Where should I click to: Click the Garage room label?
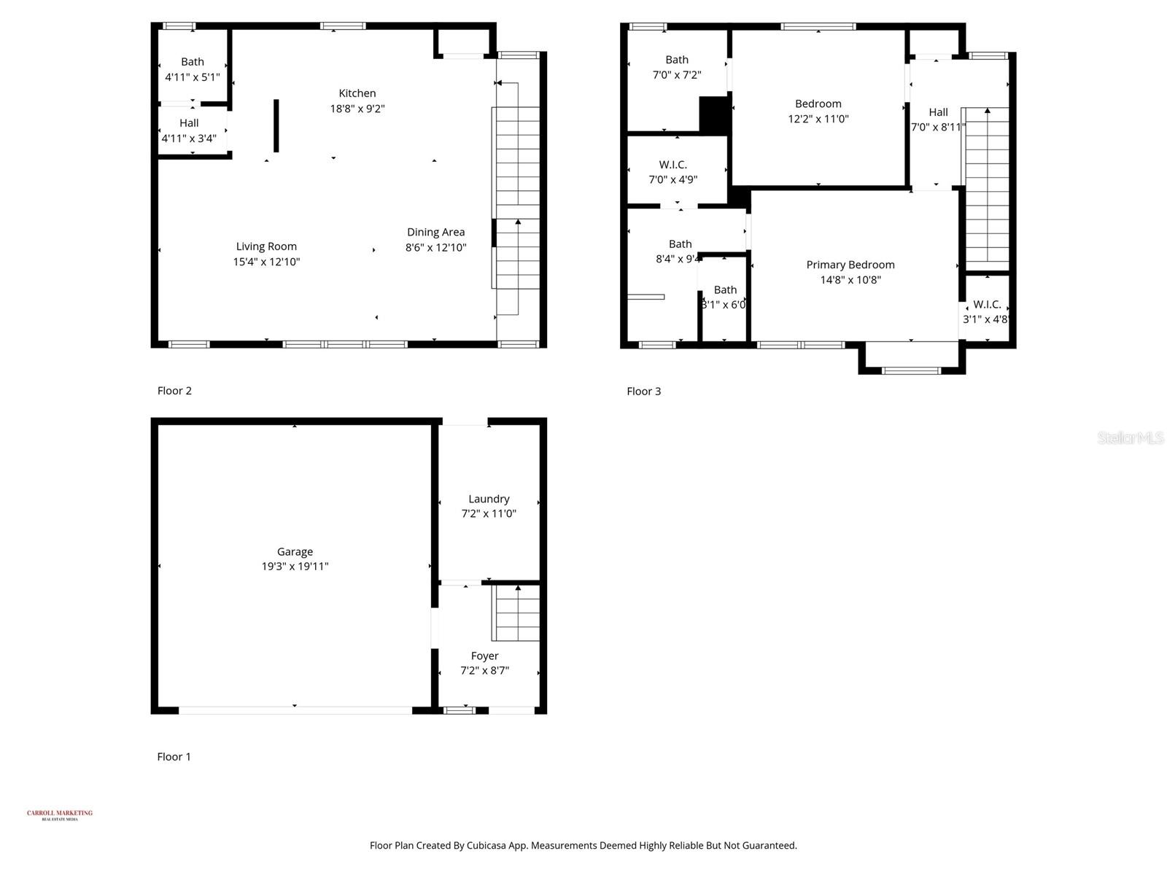pyautogui.click(x=295, y=552)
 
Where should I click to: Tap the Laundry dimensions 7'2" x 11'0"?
pyautogui.click(x=489, y=513)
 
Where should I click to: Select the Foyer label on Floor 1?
pyautogui.click(x=484, y=656)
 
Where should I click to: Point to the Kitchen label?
pyautogui.click(x=357, y=93)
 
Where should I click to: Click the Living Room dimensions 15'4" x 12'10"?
pyautogui.click(x=266, y=262)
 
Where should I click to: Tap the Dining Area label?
pyautogui.click(x=435, y=232)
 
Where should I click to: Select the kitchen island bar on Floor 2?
pyautogui.click(x=276, y=125)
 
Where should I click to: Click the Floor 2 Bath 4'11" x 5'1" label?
pyautogui.click(x=193, y=62)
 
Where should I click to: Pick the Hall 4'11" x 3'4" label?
pyautogui.click(x=189, y=123)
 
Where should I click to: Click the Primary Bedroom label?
pyautogui.click(x=850, y=265)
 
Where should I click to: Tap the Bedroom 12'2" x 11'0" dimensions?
pyautogui.click(x=818, y=119)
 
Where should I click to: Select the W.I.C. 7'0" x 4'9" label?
pyautogui.click(x=673, y=165)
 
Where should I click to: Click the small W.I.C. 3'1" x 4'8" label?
pyautogui.click(x=987, y=305)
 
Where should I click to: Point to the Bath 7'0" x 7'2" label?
pyautogui.click(x=677, y=60)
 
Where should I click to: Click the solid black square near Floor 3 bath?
pyautogui.click(x=714, y=114)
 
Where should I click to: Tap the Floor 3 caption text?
pyautogui.click(x=644, y=392)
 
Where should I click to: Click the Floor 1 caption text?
pyautogui.click(x=174, y=757)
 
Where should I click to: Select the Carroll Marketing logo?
pyautogui.click(x=60, y=814)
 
